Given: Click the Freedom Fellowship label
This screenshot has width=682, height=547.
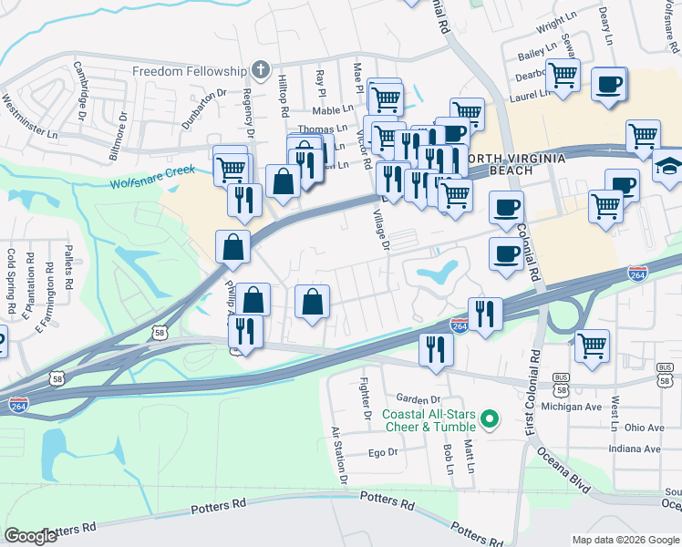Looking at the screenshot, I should (190, 71).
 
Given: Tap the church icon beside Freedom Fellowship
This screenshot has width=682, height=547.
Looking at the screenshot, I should (261, 70).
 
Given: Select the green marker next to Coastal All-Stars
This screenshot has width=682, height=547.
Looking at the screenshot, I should (490, 419).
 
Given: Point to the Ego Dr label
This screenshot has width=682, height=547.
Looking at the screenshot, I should (383, 452).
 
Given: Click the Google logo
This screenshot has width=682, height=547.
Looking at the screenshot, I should (31, 536).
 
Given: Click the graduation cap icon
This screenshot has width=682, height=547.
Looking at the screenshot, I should (669, 168).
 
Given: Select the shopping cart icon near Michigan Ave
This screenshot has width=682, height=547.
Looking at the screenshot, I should (592, 346).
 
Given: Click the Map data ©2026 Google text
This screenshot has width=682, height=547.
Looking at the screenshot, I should (625, 539).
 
